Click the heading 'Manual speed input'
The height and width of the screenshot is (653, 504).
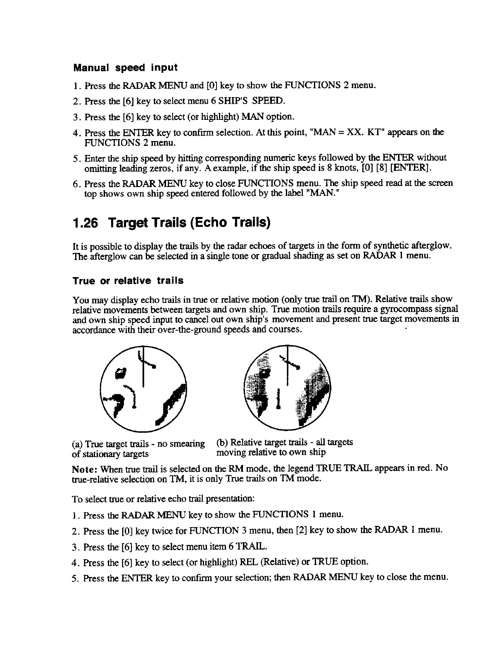(125, 67)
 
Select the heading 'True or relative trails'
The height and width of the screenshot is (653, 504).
(128, 281)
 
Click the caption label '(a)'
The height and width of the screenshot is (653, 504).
(77, 444)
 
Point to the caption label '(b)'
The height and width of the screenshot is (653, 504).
(221, 442)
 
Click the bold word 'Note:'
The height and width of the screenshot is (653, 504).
(85, 469)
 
